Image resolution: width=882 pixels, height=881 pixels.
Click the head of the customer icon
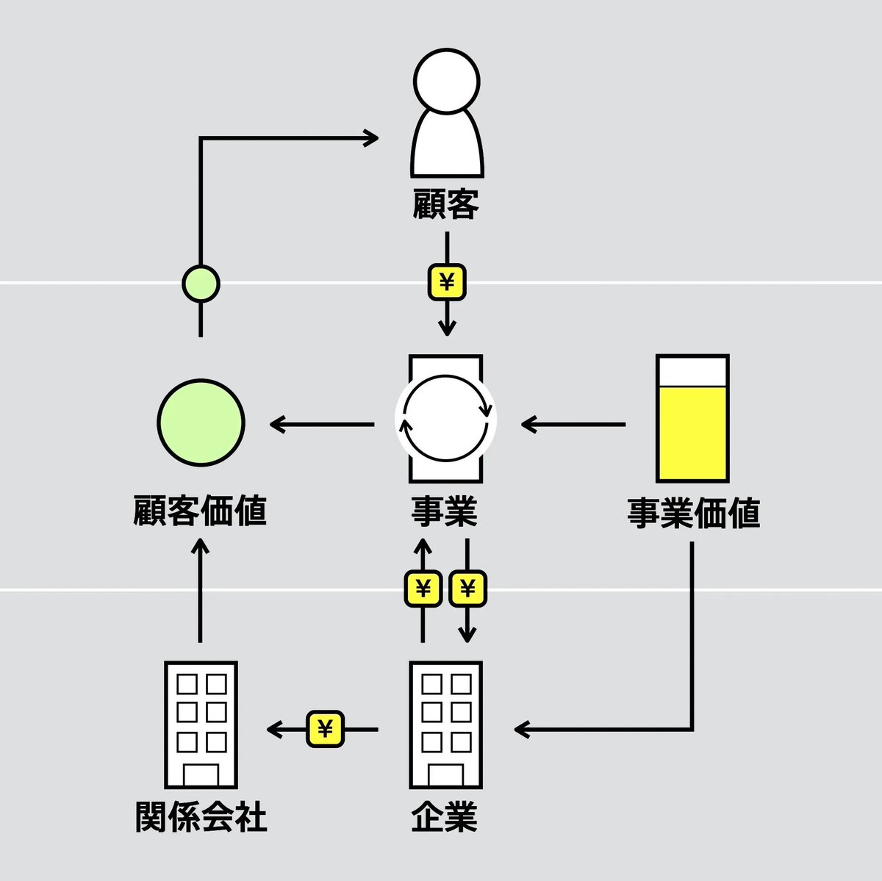446,80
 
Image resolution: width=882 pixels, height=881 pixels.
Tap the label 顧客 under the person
446,204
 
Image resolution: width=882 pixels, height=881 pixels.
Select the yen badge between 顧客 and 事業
447,282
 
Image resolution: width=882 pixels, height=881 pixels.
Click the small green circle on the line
200,284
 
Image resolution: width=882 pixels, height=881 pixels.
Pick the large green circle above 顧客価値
200,422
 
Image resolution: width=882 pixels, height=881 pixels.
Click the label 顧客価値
200,511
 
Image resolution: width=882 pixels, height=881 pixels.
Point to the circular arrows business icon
446,419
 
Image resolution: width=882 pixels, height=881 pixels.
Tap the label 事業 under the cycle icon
445,511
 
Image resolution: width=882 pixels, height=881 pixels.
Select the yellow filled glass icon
692,419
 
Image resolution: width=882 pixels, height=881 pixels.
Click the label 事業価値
693,512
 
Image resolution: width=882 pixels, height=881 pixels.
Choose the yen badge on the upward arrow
423,589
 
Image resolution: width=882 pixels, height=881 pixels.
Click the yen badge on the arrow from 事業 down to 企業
467,589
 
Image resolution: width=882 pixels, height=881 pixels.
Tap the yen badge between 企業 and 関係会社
326,729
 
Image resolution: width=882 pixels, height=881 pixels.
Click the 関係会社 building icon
201,724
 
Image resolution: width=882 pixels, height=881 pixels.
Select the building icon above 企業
445,724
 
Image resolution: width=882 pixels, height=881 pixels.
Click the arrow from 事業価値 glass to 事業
573,424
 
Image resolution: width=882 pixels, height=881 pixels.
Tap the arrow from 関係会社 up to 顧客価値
200,591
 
